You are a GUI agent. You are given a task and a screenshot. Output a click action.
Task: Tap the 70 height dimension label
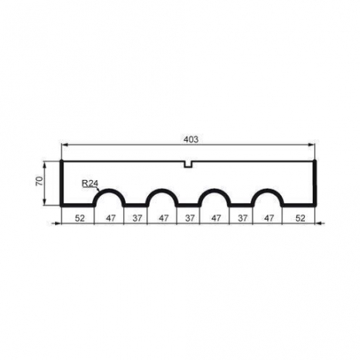click(38, 182)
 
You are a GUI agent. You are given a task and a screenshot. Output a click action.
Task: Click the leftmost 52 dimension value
click(78, 216)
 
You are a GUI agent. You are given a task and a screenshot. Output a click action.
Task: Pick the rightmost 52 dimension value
click(300, 216)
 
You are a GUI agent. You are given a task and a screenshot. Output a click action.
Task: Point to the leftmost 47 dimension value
click(110, 216)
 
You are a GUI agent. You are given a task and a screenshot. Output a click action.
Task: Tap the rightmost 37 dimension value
click(242, 216)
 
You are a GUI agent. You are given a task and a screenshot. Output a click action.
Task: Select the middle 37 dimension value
click(190, 216)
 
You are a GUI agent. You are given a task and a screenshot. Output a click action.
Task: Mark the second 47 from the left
click(163, 216)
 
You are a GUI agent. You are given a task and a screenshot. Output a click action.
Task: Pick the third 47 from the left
click(216, 216)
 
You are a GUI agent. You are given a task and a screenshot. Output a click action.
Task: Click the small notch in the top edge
click(189, 165)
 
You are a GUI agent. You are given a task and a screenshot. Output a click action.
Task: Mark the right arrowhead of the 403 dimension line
click(313, 145)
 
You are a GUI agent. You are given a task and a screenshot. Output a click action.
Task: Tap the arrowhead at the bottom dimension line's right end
click(319, 222)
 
